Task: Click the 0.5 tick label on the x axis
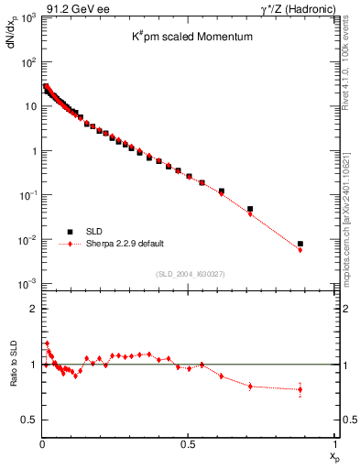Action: point(188,443)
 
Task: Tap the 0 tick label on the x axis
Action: point(43,443)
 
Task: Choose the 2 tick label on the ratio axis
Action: point(34,309)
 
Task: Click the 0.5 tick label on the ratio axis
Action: point(30,420)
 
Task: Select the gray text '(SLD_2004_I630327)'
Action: point(190,273)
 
